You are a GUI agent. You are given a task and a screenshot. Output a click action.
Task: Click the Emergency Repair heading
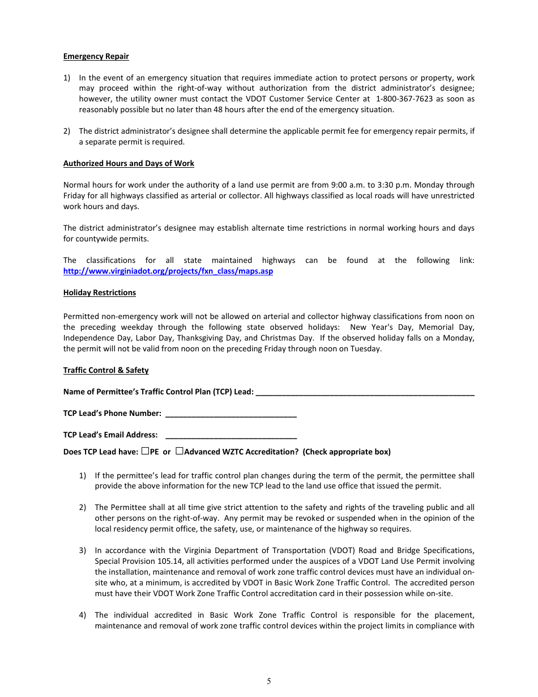point(96,56)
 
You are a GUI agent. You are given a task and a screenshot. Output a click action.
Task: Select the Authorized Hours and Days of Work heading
point(129,163)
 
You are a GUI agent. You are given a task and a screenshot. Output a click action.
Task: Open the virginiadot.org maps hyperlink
point(168,271)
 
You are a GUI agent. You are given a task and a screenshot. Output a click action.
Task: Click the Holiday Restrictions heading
point(99,292)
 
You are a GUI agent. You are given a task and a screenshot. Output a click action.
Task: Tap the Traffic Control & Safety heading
point(106,370)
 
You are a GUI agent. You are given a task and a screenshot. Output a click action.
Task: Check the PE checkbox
point(146,451)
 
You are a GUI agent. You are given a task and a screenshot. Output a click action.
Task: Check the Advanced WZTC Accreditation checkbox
point(179,451)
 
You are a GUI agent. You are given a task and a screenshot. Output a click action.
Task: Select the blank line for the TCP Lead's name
point(365,392)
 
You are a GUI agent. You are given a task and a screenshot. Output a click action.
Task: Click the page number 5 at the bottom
point(269,681)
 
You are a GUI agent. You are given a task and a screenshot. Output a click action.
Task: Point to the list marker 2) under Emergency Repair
point(67,131)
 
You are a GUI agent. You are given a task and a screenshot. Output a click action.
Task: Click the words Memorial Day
point(446,327)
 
